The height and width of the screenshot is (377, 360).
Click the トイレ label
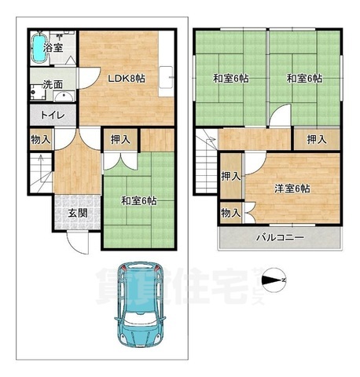click(x=42, y=115)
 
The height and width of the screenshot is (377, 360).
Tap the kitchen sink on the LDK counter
click(x=167, y=78)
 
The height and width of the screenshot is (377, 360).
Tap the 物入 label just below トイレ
click(x=41, y=141)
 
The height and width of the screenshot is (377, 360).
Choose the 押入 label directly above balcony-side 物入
click(x=230, y=177)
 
